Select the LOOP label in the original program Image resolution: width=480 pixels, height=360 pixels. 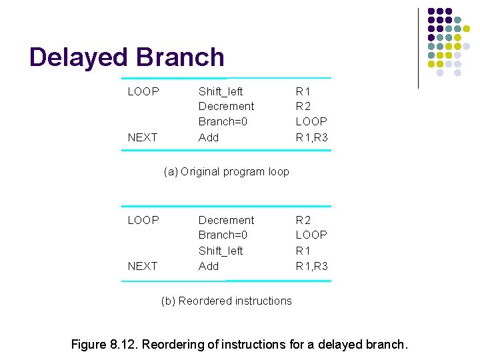(143, 91)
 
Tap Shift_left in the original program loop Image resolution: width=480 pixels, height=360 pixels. (221, 91)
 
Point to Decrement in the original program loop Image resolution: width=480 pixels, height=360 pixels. (226, 106)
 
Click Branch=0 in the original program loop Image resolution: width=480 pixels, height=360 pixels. (223, 121)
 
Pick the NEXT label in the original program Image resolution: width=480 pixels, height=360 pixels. (143, 137)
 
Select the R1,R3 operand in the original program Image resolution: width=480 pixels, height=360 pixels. (312, 137)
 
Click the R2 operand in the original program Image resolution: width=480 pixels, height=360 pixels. (303, 106)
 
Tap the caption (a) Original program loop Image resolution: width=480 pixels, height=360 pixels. (227, 171)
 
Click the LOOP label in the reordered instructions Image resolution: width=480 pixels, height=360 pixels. (143, 220)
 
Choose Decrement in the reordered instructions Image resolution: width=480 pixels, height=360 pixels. (226, 220)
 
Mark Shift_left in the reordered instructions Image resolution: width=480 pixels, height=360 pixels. (221, 251)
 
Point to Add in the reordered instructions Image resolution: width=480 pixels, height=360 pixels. (209, 266)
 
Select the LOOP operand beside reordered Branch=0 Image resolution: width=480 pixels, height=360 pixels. (311, 235)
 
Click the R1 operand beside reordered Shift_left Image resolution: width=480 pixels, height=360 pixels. (303, 251)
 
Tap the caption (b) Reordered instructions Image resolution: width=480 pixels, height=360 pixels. (227, 301)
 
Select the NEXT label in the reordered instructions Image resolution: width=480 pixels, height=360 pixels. (143, 266)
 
